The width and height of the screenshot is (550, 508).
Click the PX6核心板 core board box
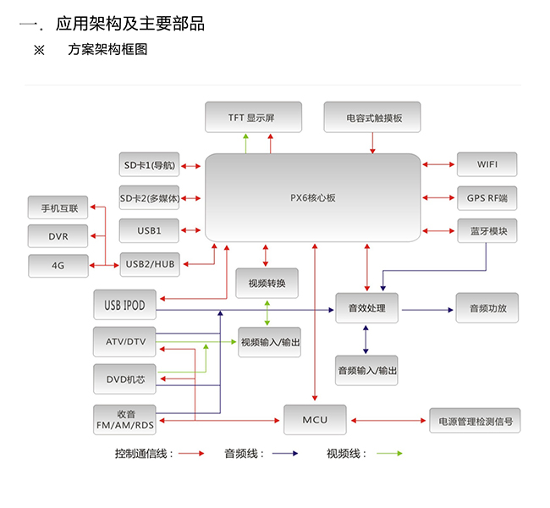pyautogui.click(x=313, y=196)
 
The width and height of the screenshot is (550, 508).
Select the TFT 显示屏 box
pyautogui.click(x=251, y=117)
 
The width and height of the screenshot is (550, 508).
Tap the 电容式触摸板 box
pyautogui.click(x=372, y=117)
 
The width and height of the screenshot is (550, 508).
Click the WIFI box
pyautogui.click(x=487, y=163)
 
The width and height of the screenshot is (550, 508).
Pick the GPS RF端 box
pyautogui.click(x=487, y=197)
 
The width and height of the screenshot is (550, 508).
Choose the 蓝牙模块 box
pyautogui.click(x=487, y=230)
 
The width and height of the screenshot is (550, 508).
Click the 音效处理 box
pyautogui.click(x=366, y=308)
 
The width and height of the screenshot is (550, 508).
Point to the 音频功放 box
pyautogui.click(x=486, y=308)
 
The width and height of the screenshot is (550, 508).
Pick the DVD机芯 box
pyautogui.click(x=125, y=378)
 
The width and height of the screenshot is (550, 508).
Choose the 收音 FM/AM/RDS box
pyautogui.click(x=125, y=418)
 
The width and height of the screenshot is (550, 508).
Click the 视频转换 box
pyautogui.click(x=267, y=282)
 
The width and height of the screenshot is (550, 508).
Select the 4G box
pyautogui.click(x=58, y=265)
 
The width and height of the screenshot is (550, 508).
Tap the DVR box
pyautogui.click(x=58, y=235)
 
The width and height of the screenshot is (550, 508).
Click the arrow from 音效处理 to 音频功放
pyautogui.click(x=427, y=309)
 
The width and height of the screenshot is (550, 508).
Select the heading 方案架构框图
pyautogui.click(x=107, y=50)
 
